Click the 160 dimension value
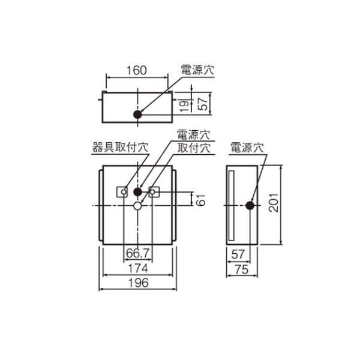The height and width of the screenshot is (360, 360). (137, 70)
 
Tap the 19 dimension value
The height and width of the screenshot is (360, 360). (185, 106)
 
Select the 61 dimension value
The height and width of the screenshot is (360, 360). (200, 200)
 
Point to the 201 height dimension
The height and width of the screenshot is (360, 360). (274, 203)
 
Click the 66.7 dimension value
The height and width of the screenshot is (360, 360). (138, 253)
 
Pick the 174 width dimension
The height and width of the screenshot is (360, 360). (138, 268)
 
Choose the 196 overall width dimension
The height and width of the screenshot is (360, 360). (138, 283)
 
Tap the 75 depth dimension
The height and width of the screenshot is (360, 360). (242, 269)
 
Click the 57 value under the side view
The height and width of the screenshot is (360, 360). (238, 254)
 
